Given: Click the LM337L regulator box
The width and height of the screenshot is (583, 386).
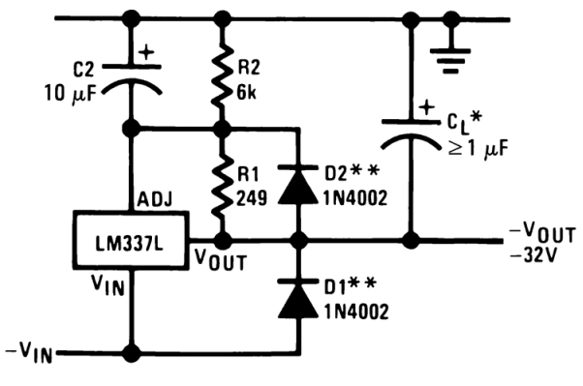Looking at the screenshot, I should click(x=132, y=237).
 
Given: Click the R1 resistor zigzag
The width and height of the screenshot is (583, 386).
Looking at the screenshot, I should click(x=223, y=183).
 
